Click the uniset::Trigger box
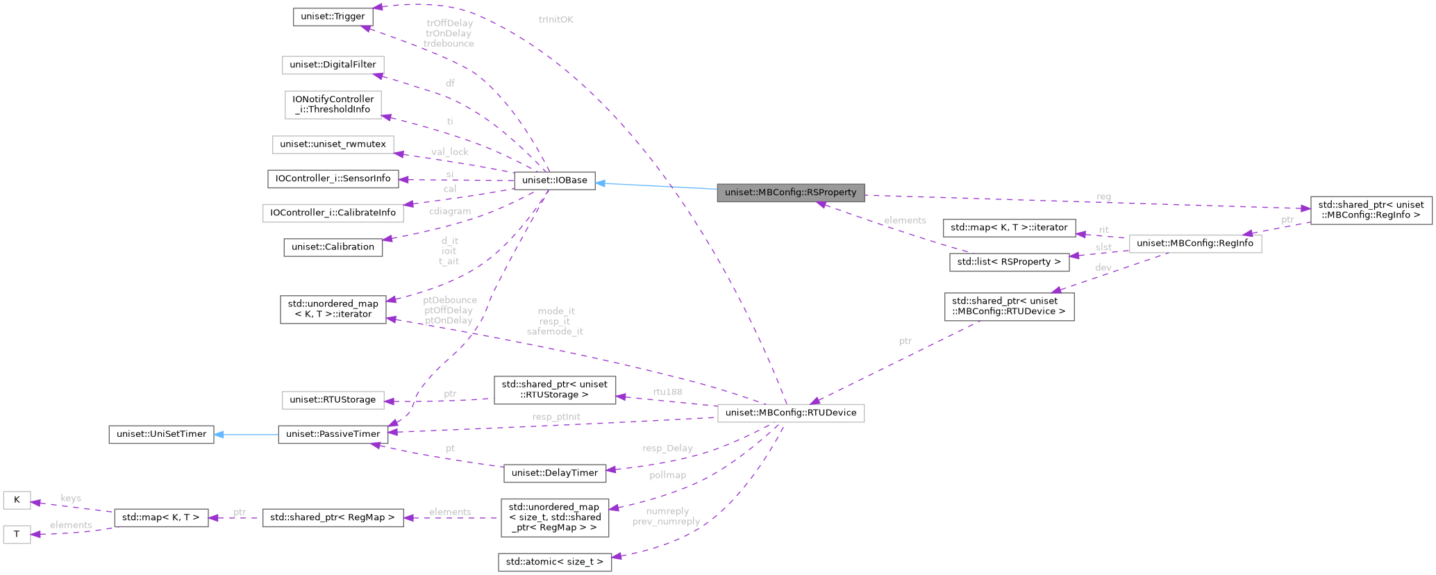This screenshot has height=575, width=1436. (x=333, y=17)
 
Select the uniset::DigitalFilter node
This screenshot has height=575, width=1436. (x=333, y=65)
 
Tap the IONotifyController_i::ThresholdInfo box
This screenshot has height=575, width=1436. (x=333, y=104)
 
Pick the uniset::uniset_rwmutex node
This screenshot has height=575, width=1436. (x=333, y=145)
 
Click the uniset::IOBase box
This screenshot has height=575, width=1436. (x=554, y=181)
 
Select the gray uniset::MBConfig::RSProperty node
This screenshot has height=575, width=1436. (x=790, y=192)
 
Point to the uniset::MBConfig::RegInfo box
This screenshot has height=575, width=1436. (x=1194, y=244)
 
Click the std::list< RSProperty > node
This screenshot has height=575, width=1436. (x=1009, y=262)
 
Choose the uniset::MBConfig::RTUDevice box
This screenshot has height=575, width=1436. (x=790, y=413)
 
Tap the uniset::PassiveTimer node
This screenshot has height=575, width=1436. (x=333, y=434)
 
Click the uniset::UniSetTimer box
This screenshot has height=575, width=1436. (x=162, y=434)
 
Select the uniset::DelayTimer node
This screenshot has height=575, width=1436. (x=554, y=473)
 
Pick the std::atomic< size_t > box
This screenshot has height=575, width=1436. (x=554, y=561)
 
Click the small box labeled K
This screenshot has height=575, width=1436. (x=17, y=500)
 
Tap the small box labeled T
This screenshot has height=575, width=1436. (x=17, y=535)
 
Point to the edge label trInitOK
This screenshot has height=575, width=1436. (x=556, y=19)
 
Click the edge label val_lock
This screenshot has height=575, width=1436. (x=449, y=152)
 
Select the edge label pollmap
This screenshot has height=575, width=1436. (x=667, y=475)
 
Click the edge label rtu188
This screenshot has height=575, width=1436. (x=667, y=392)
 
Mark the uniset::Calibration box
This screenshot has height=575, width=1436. (x=333, y=247)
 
